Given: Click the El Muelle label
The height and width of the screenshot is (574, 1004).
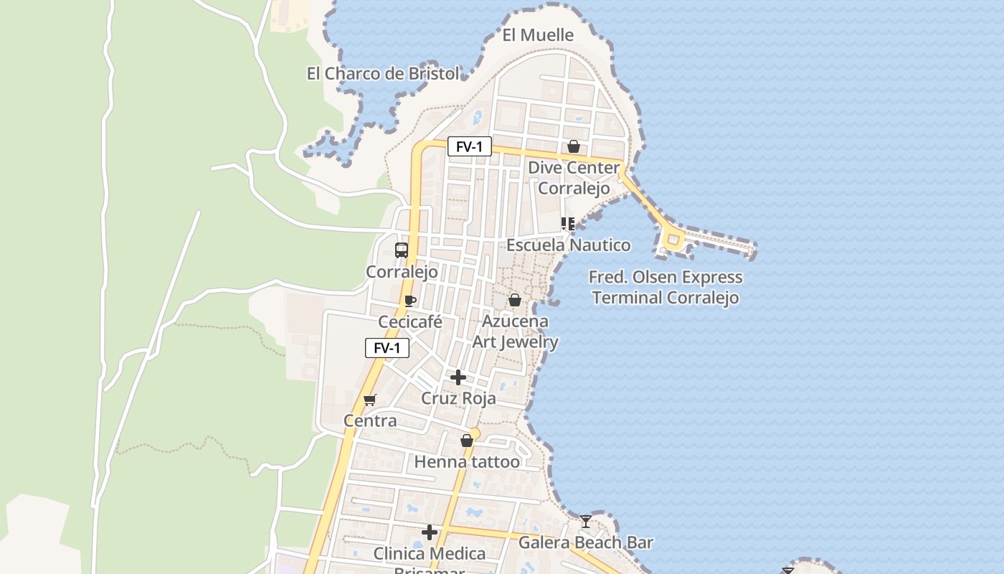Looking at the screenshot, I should pos(538,35).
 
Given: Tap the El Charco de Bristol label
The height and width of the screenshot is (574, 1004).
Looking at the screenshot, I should pos(383,74).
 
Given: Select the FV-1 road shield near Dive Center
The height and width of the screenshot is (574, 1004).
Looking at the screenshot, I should pos(470,147).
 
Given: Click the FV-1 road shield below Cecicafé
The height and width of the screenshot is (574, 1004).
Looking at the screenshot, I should pos(387,349).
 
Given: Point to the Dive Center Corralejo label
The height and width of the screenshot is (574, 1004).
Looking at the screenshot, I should pos(574,178).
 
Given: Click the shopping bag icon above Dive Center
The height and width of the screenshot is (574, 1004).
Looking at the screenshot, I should pos(574,147).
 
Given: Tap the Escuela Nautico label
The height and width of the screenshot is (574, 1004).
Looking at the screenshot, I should pos(569,245).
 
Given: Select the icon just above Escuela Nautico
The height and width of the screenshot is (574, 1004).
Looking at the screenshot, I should pos(568,224).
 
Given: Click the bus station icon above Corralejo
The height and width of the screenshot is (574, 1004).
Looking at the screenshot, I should pos(402,250).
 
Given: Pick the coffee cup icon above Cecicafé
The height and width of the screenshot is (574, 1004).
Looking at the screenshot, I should pos(410,301).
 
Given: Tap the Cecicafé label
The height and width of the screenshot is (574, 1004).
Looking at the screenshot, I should pos(410,322).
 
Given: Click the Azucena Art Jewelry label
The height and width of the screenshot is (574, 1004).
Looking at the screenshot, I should pos(515,331).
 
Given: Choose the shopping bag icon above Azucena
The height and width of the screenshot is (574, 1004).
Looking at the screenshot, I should pos(515,300).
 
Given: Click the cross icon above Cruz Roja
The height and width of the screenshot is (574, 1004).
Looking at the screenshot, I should pos(458,377).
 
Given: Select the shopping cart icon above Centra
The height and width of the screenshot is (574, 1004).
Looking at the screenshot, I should pos(370,400).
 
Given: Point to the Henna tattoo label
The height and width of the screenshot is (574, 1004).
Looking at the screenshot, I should pos(467,462).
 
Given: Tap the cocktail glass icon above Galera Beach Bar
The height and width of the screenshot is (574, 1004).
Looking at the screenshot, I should pos(586,522).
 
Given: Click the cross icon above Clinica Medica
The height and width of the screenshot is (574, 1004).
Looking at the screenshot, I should pos(430,532).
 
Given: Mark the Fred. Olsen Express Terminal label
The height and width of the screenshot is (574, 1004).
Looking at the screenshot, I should pos(666,287).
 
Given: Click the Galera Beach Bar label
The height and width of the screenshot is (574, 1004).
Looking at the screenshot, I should pos(586,542).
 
